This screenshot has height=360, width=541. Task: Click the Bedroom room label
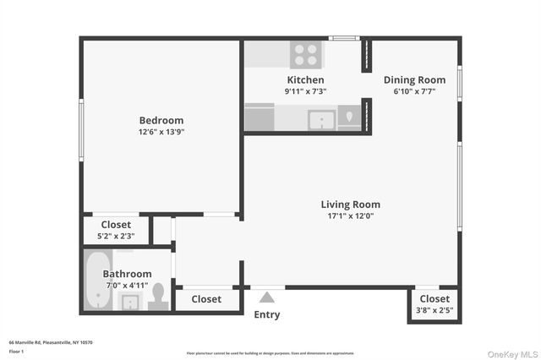161,120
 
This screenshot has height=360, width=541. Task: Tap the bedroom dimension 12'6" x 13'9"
161,132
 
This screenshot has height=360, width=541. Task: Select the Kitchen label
304,79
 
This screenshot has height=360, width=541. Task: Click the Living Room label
350,204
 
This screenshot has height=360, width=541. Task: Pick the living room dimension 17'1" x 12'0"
350,215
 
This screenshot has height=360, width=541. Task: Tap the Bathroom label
127,274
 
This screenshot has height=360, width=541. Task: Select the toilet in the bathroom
157,297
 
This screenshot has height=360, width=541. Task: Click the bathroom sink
131,303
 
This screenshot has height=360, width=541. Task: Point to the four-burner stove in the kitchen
305,55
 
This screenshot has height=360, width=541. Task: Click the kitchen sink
321,119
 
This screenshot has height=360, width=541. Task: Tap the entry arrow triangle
267,297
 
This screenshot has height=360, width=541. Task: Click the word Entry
267,315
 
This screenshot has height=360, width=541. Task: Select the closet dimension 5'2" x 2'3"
116,237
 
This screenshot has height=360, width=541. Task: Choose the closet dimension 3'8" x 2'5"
434,310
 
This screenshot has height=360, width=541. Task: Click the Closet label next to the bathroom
206,299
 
